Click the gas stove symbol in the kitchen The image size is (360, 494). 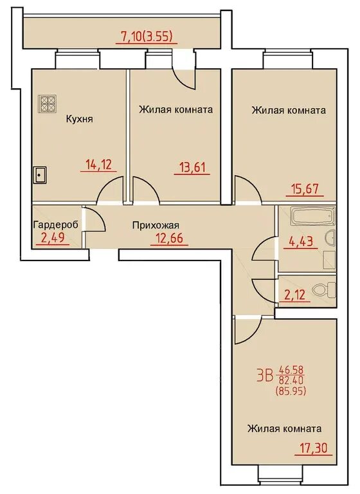[47, 104]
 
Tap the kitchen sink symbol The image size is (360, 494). [40, 175]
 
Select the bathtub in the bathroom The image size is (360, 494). [312, 216]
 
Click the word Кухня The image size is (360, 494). [79, 119]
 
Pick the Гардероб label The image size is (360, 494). [56, 225]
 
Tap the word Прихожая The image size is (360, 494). [156, 225]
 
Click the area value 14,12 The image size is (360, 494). [99, 165]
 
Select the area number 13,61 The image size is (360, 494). [192, 167]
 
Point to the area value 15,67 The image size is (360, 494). [305, 189]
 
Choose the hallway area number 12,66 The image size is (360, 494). [169, 238]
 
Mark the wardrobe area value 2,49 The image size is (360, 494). [53, 237]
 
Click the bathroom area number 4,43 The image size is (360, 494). [300, 242]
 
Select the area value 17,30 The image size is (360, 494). [314, 447]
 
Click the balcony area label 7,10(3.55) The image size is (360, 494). [147, 37]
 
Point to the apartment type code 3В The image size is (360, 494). [264, 376]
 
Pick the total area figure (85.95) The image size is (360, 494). [291, 391]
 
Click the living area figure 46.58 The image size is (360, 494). [290, 369]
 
